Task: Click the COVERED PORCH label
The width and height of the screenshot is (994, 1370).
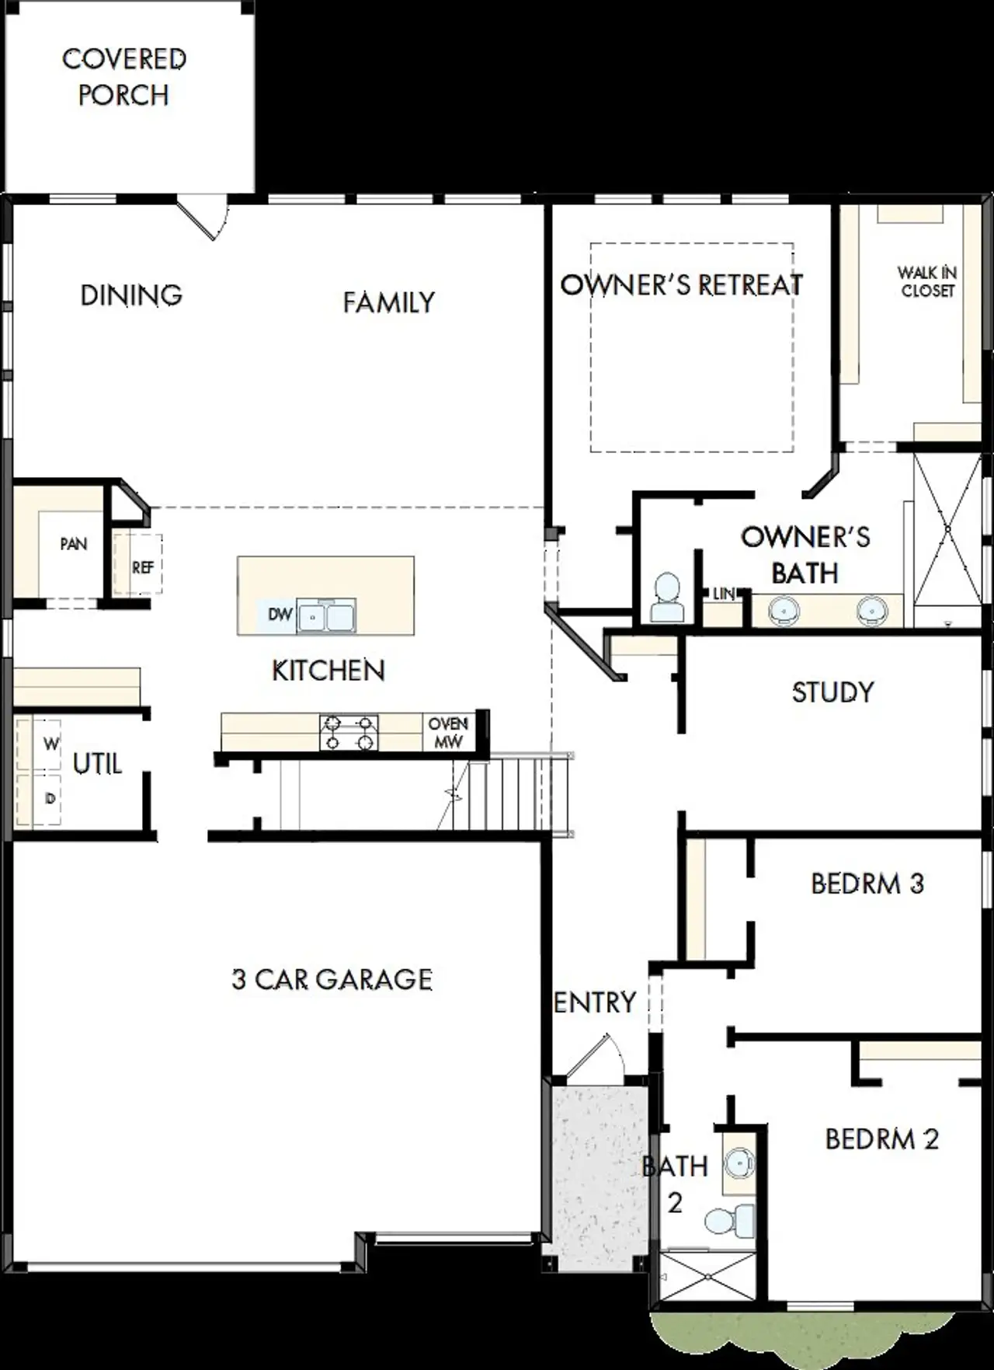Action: tap(123, 77)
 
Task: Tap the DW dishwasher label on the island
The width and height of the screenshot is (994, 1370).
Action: tap(280, 615)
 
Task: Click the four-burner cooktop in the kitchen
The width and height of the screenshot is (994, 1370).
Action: tap(349, 733)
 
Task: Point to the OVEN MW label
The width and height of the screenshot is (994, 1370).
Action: tap(448, 733)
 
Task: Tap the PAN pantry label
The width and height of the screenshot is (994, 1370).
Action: tap(73, 544)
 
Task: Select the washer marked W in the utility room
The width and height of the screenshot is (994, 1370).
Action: tap(49, 744)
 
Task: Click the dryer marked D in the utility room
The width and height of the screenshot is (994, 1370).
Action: tap(49, 798)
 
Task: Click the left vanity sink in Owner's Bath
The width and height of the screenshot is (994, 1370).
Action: tap(783, 612)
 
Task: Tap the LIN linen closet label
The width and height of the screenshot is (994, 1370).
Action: tap(724, 594)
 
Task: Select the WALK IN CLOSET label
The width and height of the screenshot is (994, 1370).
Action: tap(927, 281)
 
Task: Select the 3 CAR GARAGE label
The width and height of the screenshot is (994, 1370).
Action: tap(332, 979)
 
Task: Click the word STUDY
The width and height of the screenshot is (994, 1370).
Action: tap(832, 692)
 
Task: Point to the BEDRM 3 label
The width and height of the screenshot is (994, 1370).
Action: tap(867, 884)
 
